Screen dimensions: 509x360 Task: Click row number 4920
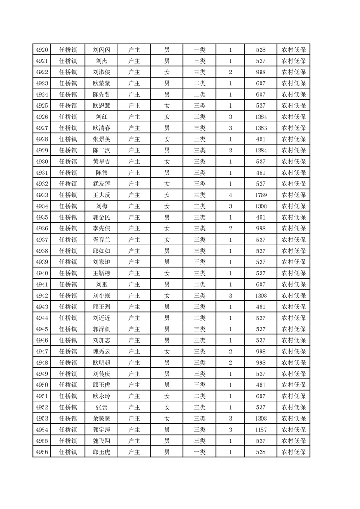42,50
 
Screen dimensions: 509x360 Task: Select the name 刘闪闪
102,50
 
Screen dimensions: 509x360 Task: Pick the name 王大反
102,195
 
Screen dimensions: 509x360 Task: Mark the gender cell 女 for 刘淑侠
167,72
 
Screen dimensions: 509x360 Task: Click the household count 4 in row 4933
231,195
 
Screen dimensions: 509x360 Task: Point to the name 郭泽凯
102,329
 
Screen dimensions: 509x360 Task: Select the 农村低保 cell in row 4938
293,251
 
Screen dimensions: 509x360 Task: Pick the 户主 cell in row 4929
134,150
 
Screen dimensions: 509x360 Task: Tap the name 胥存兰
102,240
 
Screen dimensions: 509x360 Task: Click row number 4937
42,240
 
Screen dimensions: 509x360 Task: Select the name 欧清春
102,128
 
